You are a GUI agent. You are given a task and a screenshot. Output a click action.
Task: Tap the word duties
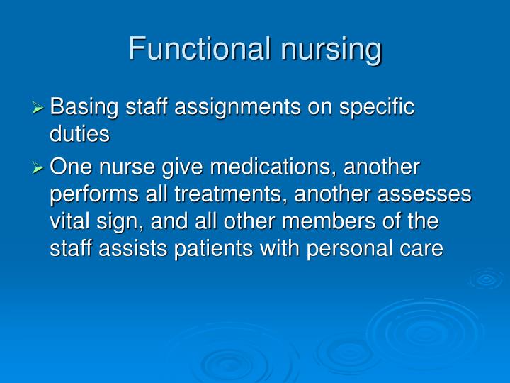[x=79, y=134]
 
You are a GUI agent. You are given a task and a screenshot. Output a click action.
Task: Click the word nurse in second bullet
[x=127, y=169]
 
